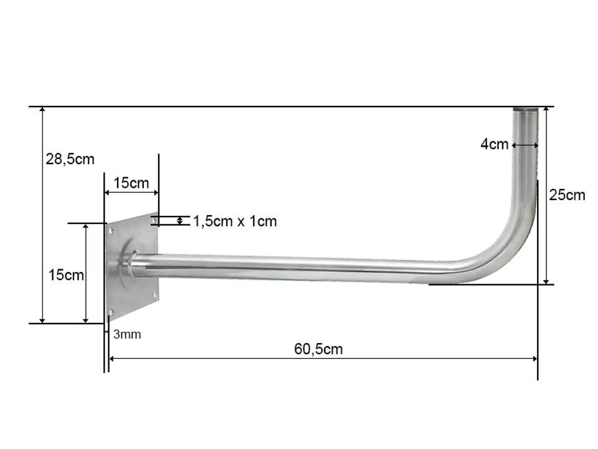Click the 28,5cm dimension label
click(70, 159)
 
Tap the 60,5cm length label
click(318, 349)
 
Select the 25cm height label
click(567, 195)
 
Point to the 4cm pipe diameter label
click(494, 144)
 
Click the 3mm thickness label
click(127, 334)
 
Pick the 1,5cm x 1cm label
click(235, 221)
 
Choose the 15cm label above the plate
click(131, 183)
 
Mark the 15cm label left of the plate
click(66, 275)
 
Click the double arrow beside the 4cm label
click(525, 145)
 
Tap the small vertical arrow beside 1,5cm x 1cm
click(179, 221)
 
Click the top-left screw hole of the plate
click(112, 231)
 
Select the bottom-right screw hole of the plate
click(155, 295)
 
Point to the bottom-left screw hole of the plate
click(111, 312)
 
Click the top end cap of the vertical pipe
click(526, 110)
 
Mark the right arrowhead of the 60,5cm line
click(535, 359)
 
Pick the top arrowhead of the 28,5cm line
click(42, 110)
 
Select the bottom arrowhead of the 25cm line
click(546, 281)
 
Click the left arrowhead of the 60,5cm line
click(112, 359)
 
